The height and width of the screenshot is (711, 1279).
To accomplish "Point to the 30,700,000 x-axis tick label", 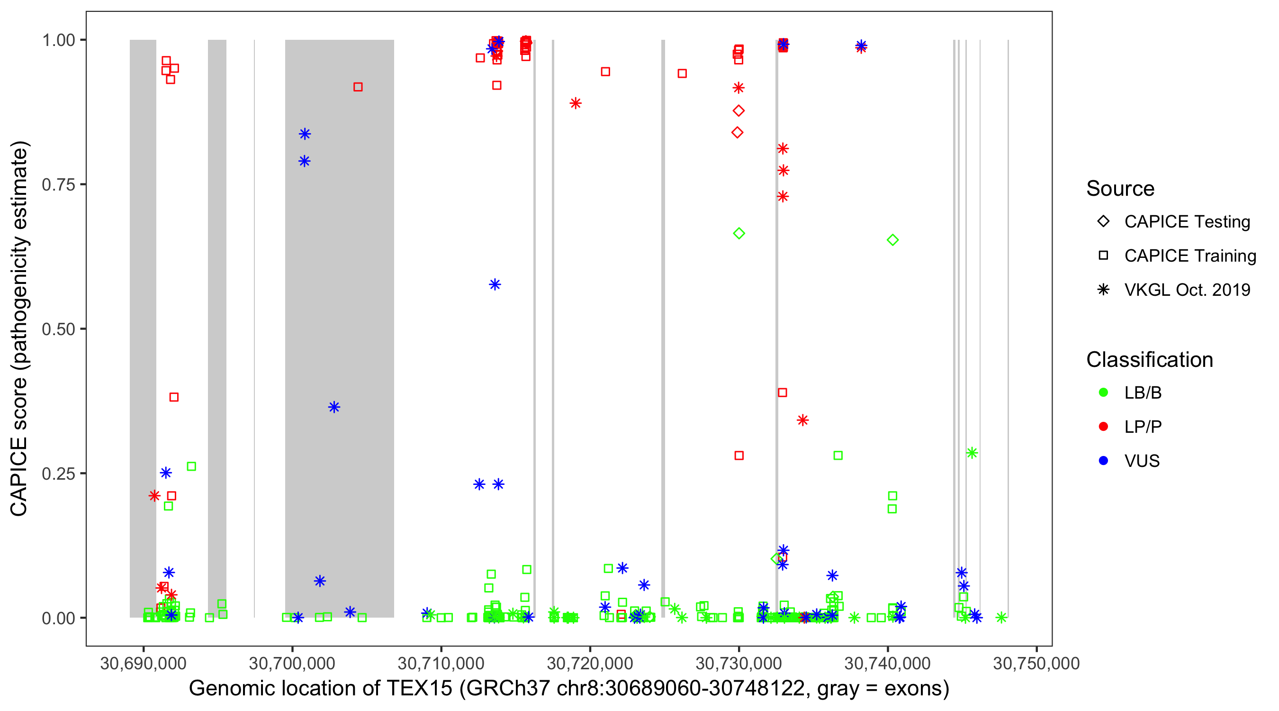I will point(292,663).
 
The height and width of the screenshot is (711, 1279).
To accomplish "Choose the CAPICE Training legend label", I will point(1189,256).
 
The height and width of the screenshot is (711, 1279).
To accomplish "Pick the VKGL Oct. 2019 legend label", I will point(1187,290).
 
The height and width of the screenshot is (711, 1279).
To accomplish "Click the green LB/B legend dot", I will point(1103,392).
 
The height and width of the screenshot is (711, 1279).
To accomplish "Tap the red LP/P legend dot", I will point(1103,427).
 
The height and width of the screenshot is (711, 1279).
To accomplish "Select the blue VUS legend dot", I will point(1103,461).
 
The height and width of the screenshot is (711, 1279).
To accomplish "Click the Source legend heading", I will point(1120,188).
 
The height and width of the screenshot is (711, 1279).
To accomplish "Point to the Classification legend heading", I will point(1149,359).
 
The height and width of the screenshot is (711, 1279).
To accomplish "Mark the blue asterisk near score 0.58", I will point(495,284).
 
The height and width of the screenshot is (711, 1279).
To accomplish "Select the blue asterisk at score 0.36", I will point(334,408).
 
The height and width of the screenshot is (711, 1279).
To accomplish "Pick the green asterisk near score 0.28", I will point(972,453).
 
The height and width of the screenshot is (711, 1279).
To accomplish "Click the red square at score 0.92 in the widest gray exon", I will point(358,87).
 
